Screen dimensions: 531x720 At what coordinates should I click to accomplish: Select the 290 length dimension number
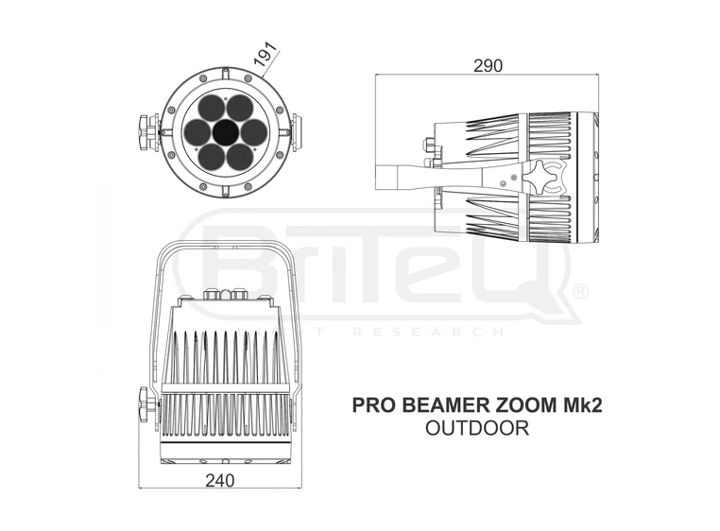click(489, 65)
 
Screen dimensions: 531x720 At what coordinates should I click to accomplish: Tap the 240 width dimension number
click(219, 480)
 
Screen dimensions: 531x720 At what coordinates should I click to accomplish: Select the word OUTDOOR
click(476, 427)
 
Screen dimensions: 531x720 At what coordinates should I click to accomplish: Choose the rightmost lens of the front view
click(250, 132)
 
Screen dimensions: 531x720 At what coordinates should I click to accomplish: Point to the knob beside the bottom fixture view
click(145, 407)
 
